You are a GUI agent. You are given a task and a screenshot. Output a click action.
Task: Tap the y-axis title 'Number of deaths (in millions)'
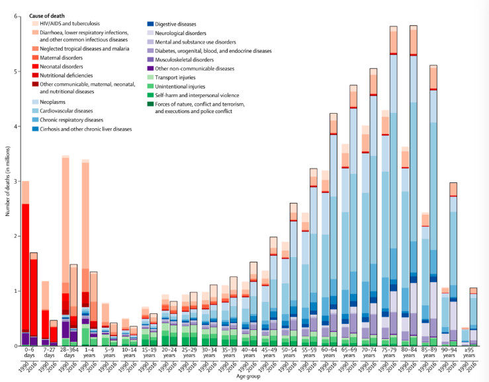(6, 181)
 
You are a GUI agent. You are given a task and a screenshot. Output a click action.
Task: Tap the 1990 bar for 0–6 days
(25, 264)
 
